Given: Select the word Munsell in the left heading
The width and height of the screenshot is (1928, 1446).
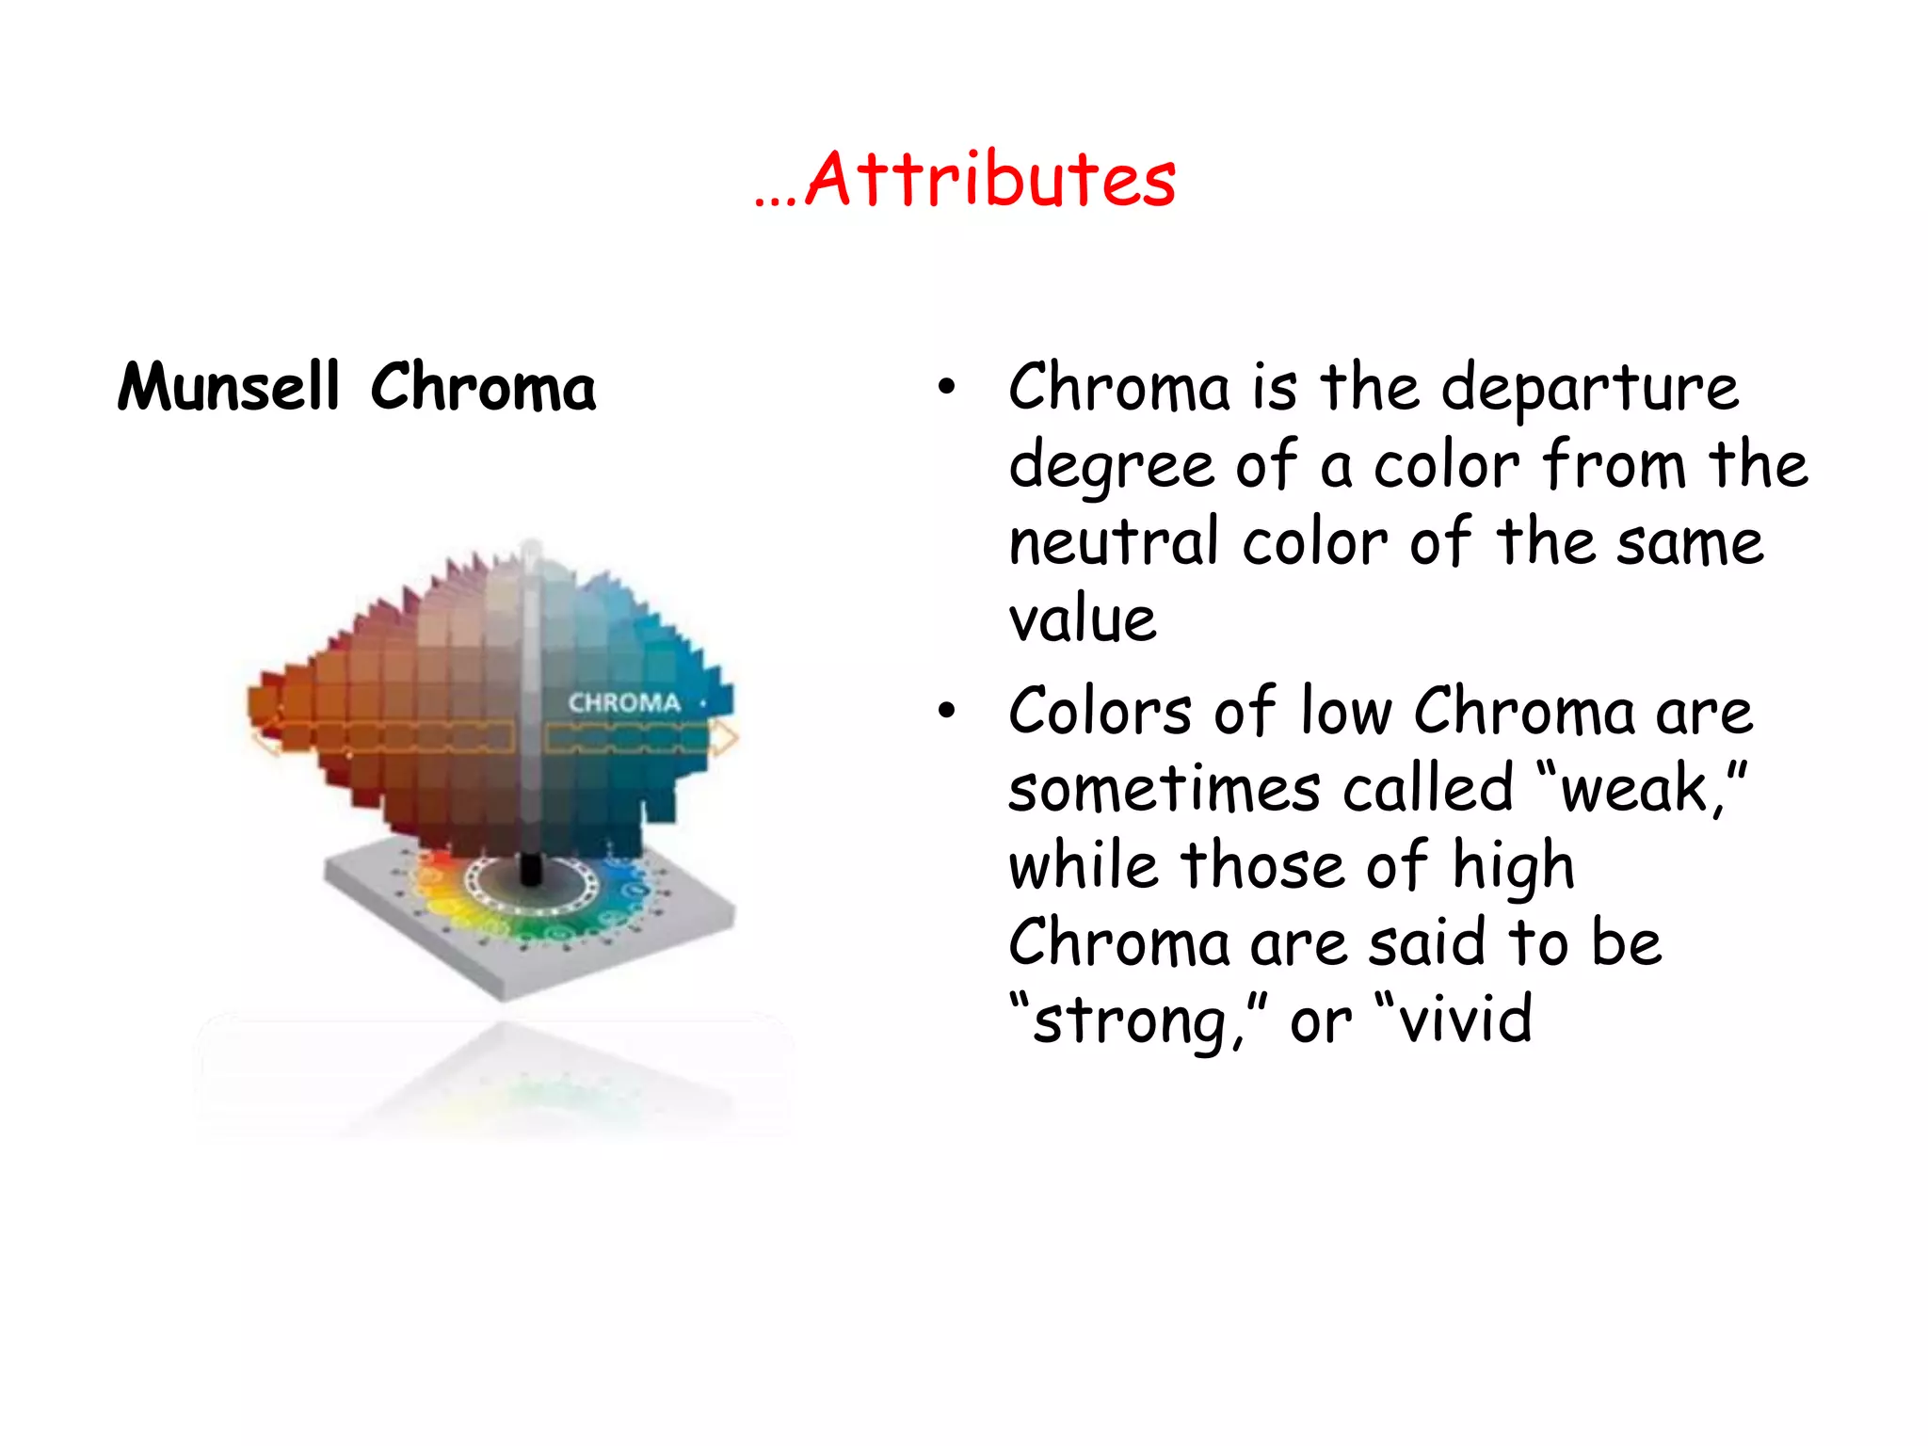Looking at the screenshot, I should point(228,387).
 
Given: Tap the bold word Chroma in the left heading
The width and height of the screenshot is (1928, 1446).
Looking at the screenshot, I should point(483,387).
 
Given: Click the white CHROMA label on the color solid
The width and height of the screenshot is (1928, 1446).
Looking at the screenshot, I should point(624,703).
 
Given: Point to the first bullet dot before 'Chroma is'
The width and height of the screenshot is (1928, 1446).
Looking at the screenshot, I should point(946,387).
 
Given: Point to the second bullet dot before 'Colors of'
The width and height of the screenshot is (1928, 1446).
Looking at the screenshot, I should point(946,712).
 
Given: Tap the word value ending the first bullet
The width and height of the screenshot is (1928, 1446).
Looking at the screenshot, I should point(1083,620).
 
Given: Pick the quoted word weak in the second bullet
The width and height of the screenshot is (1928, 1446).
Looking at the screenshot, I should point(1633,789).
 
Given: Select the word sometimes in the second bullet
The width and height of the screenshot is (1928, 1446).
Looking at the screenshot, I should point(1164,789).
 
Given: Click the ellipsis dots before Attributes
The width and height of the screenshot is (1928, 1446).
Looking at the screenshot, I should point(776,201).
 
